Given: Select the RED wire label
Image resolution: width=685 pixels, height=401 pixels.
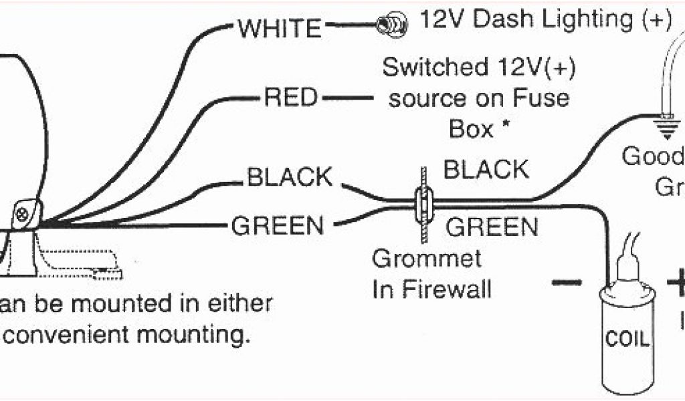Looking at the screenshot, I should [x=290, y=98].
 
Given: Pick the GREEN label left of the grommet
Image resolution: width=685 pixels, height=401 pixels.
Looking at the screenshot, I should [x=277, y=225].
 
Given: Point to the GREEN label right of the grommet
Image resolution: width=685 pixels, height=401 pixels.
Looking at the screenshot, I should [x=492, y=227].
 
